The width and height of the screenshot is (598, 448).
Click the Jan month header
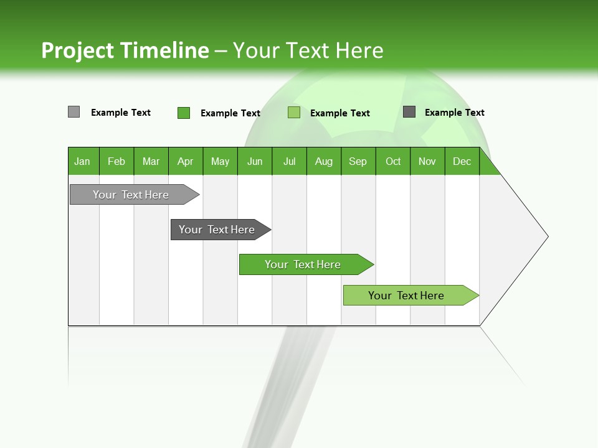pyautogui.click(x=83, y=161)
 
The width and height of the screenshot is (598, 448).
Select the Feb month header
pyautogui.click(x=116, y=161)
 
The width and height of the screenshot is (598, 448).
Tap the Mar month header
pyautogui.click(x=151, y=161)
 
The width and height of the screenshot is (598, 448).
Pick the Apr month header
pyautogui.click(x=185, y=161)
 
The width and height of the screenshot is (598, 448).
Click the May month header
pyautogui.click(x=220, y=161)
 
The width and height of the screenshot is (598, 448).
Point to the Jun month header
pyautogui.click(x=255, y=161)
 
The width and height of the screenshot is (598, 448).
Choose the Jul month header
pyautogui.click(x=289, y=161)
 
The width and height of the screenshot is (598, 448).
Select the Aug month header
pyautogui.click(x=323, y=161)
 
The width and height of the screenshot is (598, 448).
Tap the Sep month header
pyautogui.click(x=358, y=161)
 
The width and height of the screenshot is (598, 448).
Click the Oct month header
pyautogui.click(x=393, y=161)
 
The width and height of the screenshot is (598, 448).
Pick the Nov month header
pyautogui.click(x=427, y=161)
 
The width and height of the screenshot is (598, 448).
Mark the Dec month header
pyautogui.click(x=462, y=161)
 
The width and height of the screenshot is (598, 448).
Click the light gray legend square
pyautogui.click(x=74, y=112)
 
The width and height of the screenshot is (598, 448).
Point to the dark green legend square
pyautogui.click(x=184, y=113)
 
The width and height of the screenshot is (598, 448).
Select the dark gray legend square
pyautogui.click(x=409, y=112)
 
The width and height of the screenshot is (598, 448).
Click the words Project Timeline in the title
pyautogui.click(x=125, y=50)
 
